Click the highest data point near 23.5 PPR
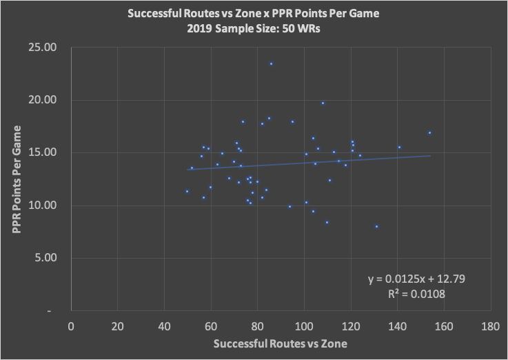coord(271,63)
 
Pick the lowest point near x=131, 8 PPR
coord(376,226)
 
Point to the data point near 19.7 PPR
coord(323,103)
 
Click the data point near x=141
coord(399,147)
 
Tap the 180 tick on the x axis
coord(490,325)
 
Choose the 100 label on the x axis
coord(304,325)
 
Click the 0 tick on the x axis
coord(71,325)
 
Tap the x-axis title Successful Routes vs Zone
coord(281,343)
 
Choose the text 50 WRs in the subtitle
coord(302,29)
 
